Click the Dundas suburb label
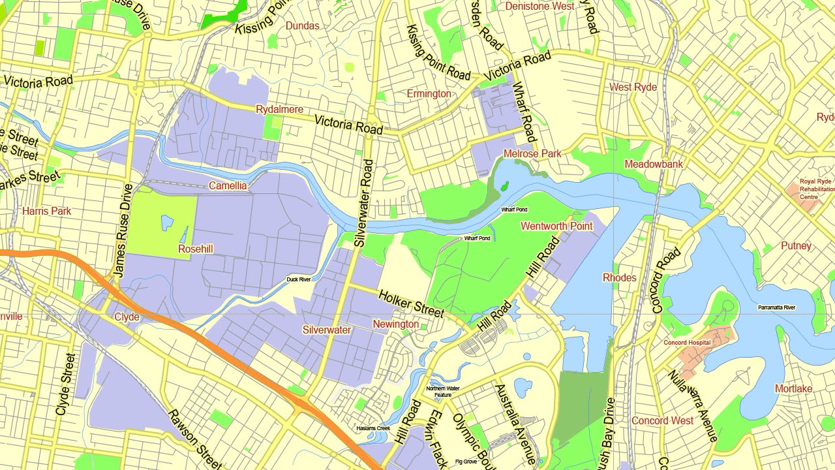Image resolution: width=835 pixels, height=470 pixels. [303, 25]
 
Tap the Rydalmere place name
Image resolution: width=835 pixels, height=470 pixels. [279, 109]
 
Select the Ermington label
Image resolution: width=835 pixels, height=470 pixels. [429, 94]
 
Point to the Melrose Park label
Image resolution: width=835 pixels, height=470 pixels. [532, 154]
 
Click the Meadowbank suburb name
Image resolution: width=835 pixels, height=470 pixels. [654, 164]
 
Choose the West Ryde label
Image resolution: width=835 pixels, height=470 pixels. [633, 87]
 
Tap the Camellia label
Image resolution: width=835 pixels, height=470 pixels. [228, 186]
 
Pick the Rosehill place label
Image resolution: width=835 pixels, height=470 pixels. [196, 249]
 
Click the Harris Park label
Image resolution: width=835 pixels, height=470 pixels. [47, 211]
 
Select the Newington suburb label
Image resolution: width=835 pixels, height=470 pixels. [396, 324]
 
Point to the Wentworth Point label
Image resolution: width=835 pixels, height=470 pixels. [556, 226]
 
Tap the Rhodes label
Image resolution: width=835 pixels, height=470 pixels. [619, 277]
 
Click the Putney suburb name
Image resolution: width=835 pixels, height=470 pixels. [796, 245]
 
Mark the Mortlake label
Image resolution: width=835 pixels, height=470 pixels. [793, 388]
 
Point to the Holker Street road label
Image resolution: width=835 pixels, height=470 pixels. [411, 304]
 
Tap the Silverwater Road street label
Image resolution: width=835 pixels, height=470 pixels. [363, 202]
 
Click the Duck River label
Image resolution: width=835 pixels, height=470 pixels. [299, 280]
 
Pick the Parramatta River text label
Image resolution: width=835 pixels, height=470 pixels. [777, 307]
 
